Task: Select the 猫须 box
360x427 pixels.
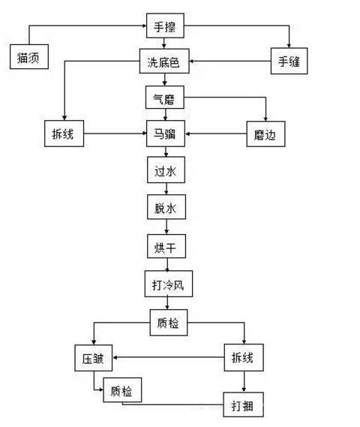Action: coord(29,57)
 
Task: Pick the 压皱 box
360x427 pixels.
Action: coord(92,359)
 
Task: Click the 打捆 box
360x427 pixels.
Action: coord(243,406)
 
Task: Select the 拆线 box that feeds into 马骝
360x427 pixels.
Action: coord(63,136)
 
